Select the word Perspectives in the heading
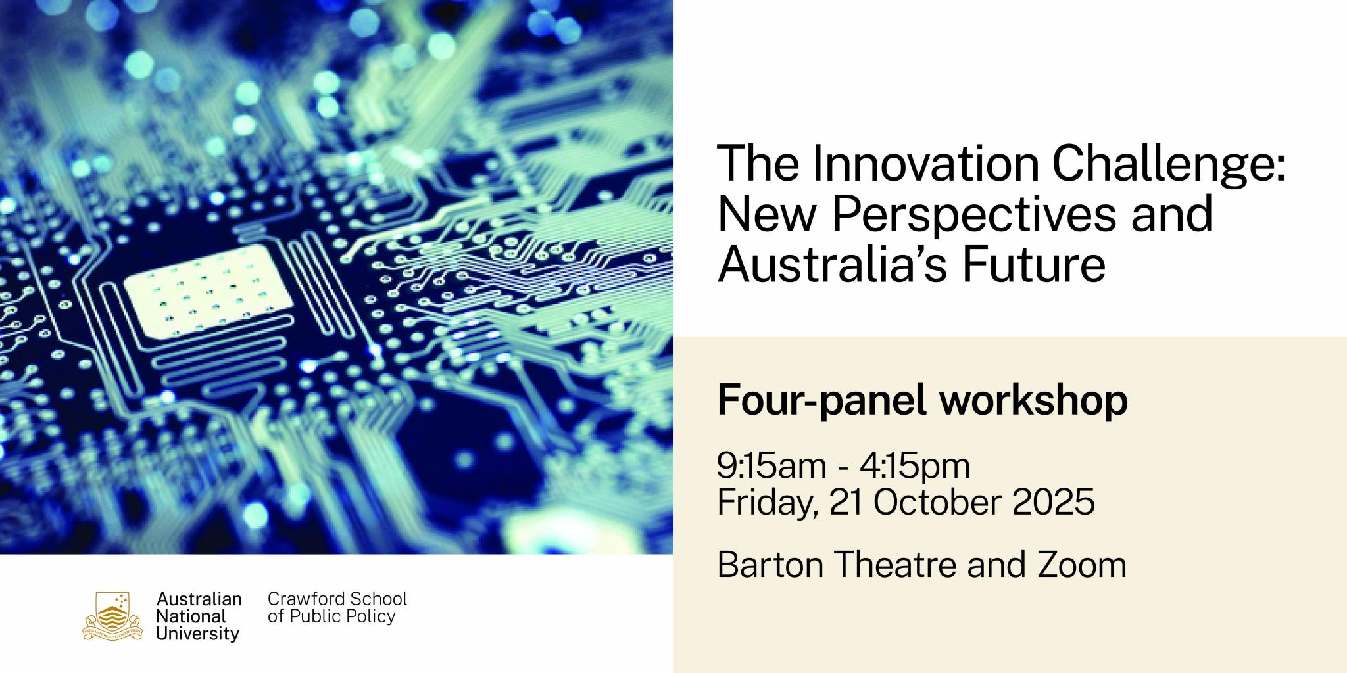pos(974,215)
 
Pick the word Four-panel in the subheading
pos(822,400)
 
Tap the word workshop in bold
pos(1033,400)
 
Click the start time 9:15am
pos(771,466)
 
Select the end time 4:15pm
pos(915,466)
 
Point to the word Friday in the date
pos(767,503)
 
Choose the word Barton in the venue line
pos(770,565)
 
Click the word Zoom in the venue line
pos(1082,565)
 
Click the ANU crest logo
pos(112,616)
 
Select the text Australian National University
pos(198,616)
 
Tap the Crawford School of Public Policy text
pos(337,608)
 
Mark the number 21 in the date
pos(846,503)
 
